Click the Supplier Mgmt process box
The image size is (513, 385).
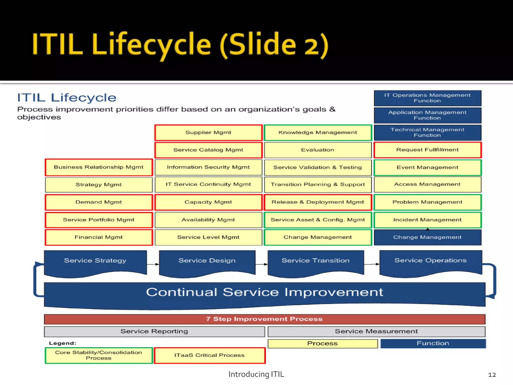208,133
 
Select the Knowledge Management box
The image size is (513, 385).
318,133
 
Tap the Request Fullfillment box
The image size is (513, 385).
427,150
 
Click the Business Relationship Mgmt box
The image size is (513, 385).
99,167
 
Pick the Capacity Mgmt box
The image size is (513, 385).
208,202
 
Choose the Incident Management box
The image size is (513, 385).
427,220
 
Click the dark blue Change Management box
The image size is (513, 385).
427,237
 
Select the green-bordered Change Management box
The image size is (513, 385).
318,237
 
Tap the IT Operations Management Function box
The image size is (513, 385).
427,98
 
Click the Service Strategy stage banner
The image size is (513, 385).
95,262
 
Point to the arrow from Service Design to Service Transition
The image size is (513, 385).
262,264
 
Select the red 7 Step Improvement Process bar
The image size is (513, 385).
265,319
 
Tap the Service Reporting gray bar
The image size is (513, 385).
154,331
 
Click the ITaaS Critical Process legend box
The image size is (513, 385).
209,355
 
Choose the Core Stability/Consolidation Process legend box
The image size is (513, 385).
99,355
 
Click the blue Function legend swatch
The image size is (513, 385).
433,343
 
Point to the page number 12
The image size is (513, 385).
492,375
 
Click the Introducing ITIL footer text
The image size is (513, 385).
256,374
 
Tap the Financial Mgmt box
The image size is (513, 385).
99,237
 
